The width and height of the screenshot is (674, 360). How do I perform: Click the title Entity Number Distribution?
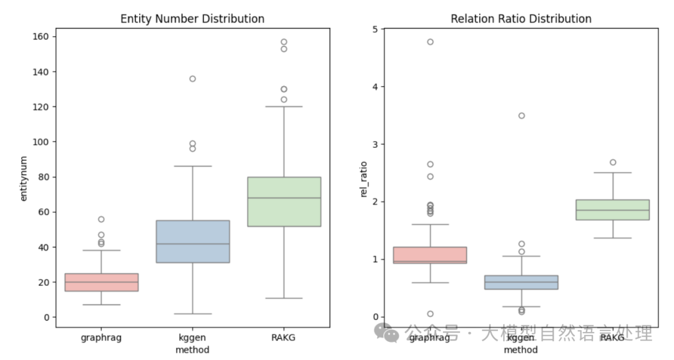[192, 19]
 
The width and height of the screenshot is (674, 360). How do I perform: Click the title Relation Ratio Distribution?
[521, 19]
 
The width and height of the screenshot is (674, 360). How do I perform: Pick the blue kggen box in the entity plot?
[192, 241]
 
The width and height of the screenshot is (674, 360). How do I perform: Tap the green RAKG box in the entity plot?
[284, 202]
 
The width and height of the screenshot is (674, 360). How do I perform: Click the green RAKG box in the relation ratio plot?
[612, 210]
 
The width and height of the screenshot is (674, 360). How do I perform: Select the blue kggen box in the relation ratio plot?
[521, 282]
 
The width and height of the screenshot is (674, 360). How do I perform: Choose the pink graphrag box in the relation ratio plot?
[430, 255]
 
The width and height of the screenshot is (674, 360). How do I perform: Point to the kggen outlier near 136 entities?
[192, 79]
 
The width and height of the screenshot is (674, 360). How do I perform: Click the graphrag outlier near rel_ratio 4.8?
[430, 42]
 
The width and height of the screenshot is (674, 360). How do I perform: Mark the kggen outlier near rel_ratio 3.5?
[521, 115]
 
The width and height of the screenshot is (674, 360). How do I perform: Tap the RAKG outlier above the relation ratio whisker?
[612, 162]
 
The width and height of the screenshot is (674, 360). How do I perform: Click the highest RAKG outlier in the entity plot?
[284, 42]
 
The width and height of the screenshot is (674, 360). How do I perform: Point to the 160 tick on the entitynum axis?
[42, 37]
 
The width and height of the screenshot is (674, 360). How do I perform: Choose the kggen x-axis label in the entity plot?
[192, 338]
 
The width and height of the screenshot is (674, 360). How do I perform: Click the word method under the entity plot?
[192, 349]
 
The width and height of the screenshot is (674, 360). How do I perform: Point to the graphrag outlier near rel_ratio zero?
[430, 314]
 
